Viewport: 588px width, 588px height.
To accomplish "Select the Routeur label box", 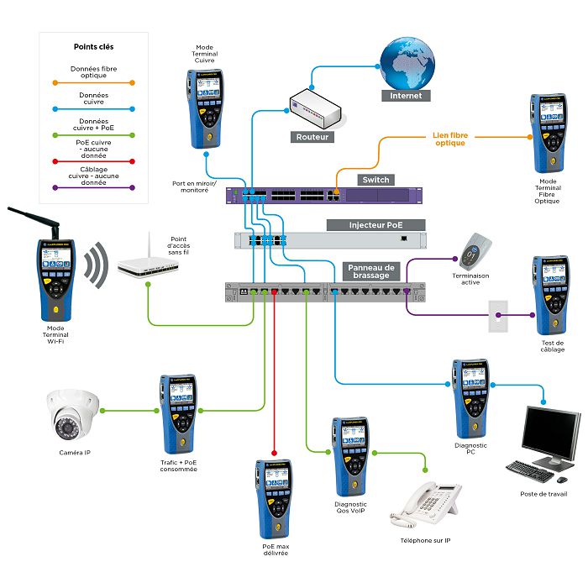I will coord(313,136).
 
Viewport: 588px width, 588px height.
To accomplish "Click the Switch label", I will coord(375,180).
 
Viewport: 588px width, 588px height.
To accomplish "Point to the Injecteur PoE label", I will coord(375,225).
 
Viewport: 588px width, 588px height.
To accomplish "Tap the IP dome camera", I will coord(73,413).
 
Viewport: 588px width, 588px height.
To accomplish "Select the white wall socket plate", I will coord(499,316).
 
